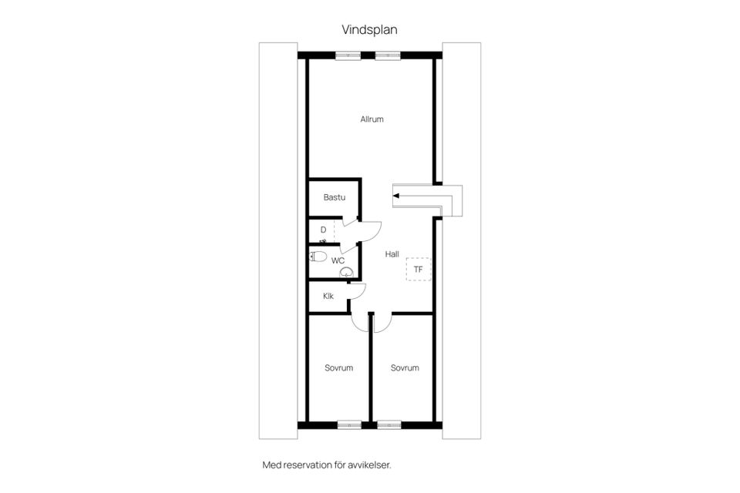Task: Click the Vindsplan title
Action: pyautogui.click(x=369, y=30)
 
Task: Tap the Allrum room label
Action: pyautogui.click(x=372, y=119)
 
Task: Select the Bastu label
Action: pyautogui.click(x=334, y=197)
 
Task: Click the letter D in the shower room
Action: pyautogui.click(x=323, y=230)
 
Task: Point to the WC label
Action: pyautogui.click(x=338, y=260)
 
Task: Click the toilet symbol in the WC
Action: pyautogui.click(x=318, y=257)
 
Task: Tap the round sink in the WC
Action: pyautogui.click(x=346, y=272)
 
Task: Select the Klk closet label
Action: pyautogui.click(x=328, y=296)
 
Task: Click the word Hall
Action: pyautogui.click(x=392, y=254)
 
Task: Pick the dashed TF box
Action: pyautogui.click(x=419, y=270)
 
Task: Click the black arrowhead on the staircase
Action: pyautogui.click(x=396, y=196)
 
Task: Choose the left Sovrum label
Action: pyautogui.click(x=339, y=367)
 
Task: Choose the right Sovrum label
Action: pyautogui.click(x=405, y=367)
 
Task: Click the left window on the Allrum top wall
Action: pyautogui.click(x=348, y=55)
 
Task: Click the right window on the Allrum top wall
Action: pyautogui.click(x=388, y=55)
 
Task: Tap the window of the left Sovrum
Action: pyautogui.click(x=350, y=425)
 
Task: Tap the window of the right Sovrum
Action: pyautogui.click(x=389, y=425)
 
